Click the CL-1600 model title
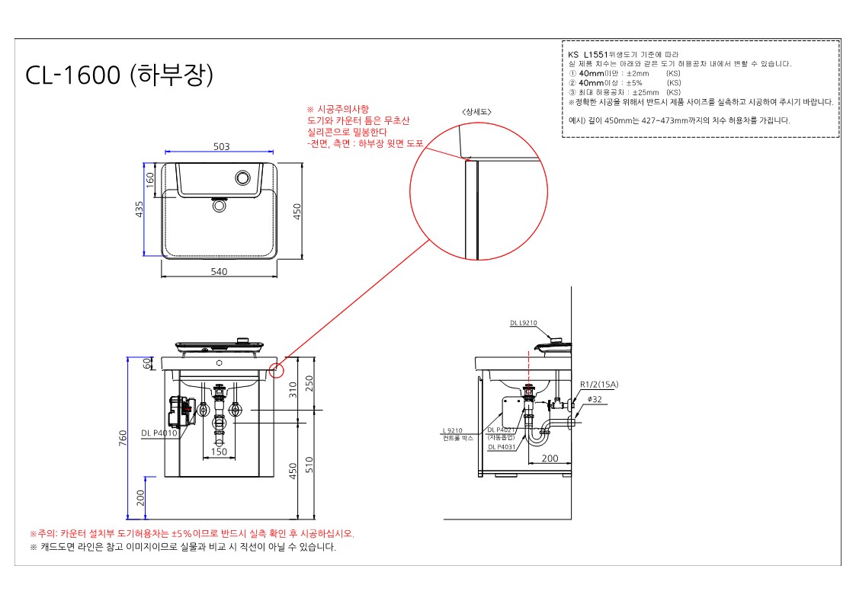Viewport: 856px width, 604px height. point(118,76)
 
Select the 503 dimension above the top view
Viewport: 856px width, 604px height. point(222,148)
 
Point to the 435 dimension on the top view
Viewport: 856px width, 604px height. point(139,209)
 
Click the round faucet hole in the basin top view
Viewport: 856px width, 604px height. point(243,178)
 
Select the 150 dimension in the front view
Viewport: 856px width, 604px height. point(219,452)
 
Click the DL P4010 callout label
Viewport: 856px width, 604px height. point(159,433)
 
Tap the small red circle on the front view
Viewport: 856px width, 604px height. point(276,371)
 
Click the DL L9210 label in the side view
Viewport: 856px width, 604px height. point(524,323)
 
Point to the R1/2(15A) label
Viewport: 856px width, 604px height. point(599,385)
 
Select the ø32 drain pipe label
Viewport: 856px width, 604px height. point(595,398)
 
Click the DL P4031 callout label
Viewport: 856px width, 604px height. point(501,447)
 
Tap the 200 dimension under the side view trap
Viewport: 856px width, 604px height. point(550,459)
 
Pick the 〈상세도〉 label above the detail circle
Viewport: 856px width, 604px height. point(476,112)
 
